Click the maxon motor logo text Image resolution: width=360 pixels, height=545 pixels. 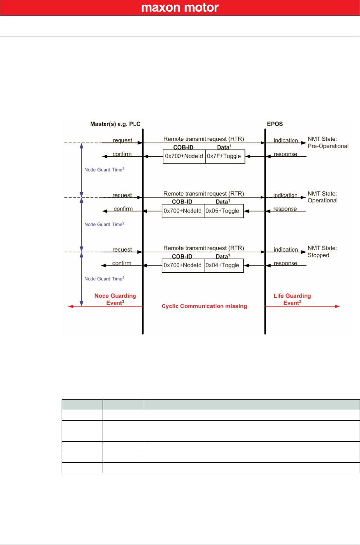point(180,8)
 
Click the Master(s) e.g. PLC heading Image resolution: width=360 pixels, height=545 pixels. point(115,124)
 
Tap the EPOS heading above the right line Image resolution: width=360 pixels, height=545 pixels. point(275,124)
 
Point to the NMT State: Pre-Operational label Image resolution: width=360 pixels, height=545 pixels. point(328,143)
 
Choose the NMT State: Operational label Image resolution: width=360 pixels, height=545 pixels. point(322,197)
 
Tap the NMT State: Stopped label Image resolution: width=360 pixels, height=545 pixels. point(322,252)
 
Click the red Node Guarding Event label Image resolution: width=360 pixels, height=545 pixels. point(115,299)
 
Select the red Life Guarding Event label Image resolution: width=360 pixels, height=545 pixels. point(292,299)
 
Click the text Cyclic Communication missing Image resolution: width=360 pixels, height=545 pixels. point(204,306)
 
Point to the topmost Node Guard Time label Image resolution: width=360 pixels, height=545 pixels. point(104,170)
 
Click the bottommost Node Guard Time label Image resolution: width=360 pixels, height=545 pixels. point(104,279)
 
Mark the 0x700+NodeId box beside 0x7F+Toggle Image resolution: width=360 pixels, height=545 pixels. point(184,156)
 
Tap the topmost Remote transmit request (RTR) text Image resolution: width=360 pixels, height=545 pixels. point(203,139)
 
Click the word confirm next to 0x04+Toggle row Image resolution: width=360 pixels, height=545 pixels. point(122,263)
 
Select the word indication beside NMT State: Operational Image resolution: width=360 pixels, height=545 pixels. point(285,195)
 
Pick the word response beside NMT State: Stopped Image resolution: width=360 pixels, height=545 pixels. point(285,263)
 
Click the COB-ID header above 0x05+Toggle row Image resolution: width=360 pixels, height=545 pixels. point(182,202)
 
